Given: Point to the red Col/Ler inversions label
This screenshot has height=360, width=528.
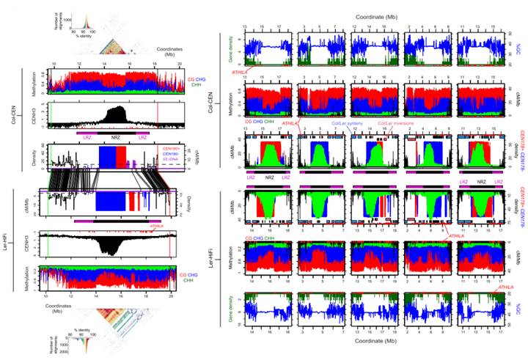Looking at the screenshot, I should point(395,124).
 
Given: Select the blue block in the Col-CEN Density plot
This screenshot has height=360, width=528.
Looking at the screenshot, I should point(107,157).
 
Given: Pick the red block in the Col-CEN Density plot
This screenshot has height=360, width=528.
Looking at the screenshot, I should point(122,157).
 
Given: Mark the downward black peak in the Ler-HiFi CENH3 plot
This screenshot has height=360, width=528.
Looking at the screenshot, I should point(110,246).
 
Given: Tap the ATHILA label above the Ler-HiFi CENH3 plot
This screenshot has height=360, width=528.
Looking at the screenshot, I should point(156,227).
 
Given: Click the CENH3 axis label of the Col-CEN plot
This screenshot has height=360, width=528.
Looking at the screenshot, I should point(34,114).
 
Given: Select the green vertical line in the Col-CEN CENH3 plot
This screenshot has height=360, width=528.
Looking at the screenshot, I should point(51,114).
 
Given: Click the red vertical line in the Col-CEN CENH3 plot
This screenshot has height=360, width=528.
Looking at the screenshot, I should point(158,114).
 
